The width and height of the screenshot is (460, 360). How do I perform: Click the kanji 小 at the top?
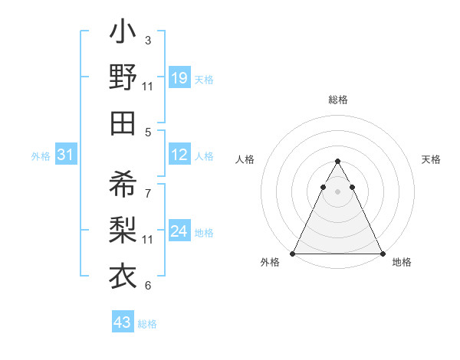click(123, 34)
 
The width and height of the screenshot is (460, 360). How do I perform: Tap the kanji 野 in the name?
click(123, 78)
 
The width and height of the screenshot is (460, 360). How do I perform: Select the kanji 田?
click(123, 123)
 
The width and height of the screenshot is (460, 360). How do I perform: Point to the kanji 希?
click(123, 185)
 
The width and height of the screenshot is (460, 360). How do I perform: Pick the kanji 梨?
click(123, 229)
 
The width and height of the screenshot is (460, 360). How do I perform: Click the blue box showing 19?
click(179, 78)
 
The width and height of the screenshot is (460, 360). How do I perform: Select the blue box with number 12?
click(179, 155)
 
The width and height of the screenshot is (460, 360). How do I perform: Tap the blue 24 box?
click(179, 231)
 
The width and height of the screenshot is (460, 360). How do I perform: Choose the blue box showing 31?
click(65, 155)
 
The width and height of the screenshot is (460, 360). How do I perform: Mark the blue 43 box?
click(122, 322)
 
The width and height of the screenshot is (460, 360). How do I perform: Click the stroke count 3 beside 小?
click(148, 40)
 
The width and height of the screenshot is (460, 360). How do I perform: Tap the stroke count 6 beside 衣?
click(148, 286)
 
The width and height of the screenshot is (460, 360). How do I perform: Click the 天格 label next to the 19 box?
click(204, 80)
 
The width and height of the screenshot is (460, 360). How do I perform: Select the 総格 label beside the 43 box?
click(147, 324)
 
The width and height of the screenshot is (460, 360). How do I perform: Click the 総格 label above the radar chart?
click(337, 100)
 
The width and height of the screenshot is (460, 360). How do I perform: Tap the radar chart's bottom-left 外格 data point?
click(293, 254)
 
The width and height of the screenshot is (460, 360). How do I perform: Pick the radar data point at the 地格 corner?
click(382, 254)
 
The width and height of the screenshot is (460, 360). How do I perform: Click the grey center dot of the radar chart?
click(337, 191)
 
